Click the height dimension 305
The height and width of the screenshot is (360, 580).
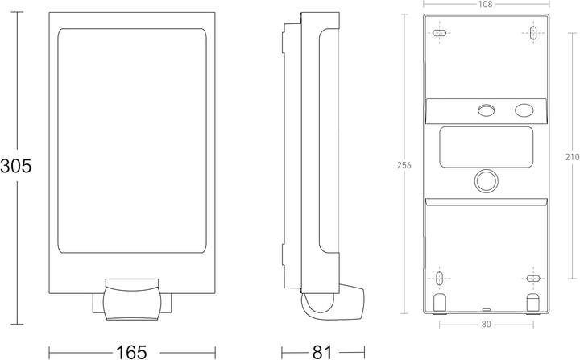point(16,167)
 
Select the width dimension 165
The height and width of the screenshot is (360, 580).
point(130,351)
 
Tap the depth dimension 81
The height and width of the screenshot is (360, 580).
point(322,351)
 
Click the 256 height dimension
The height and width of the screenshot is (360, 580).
point(404,165)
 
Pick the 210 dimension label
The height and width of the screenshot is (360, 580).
point(571,159)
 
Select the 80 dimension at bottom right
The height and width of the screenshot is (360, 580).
point(487,325)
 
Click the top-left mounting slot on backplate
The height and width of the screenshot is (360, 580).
point(439,34)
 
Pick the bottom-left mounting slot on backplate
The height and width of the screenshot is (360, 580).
point(439,279)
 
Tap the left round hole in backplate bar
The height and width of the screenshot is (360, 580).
point(486,110)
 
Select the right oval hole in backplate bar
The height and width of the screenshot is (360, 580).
point(524,110)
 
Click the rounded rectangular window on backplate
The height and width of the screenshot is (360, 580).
point(487,147)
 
